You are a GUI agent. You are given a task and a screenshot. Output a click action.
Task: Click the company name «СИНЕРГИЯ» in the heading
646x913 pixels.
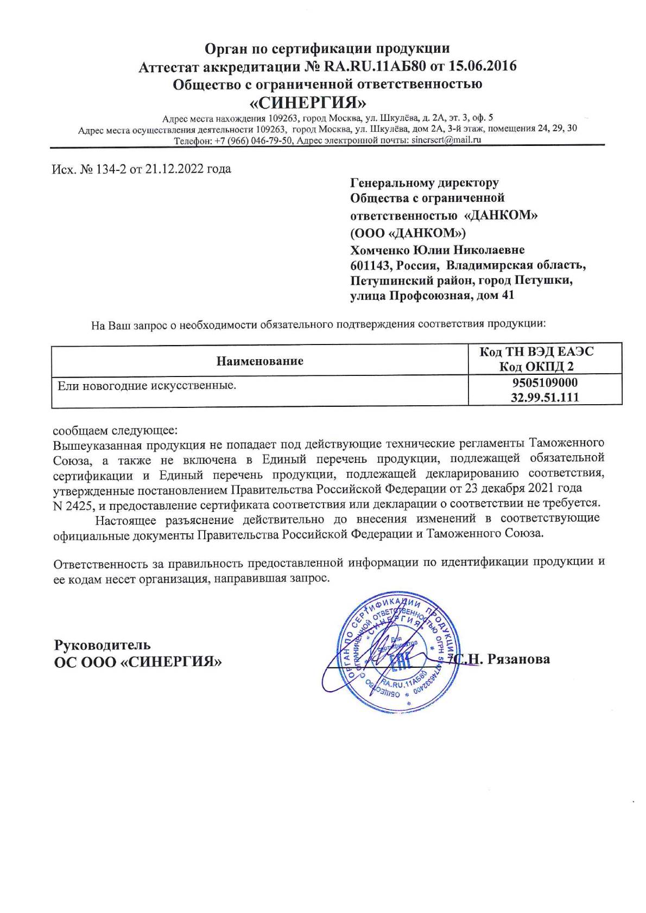click(x=307, y=103)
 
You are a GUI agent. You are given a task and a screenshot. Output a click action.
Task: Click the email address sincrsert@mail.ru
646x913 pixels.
click(x=447, y=140)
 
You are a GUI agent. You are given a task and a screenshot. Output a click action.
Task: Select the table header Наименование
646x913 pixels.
click(x=260, y=361)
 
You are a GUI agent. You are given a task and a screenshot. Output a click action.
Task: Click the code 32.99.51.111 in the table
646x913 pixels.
click(x=545, y=398)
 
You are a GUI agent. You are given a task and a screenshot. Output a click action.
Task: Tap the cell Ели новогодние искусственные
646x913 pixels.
click(x=147, y=386)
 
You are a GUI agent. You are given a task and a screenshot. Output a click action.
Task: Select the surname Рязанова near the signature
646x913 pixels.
click(x=519, y=660)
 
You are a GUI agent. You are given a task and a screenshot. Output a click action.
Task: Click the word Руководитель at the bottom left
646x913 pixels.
click(x=103, y=646)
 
